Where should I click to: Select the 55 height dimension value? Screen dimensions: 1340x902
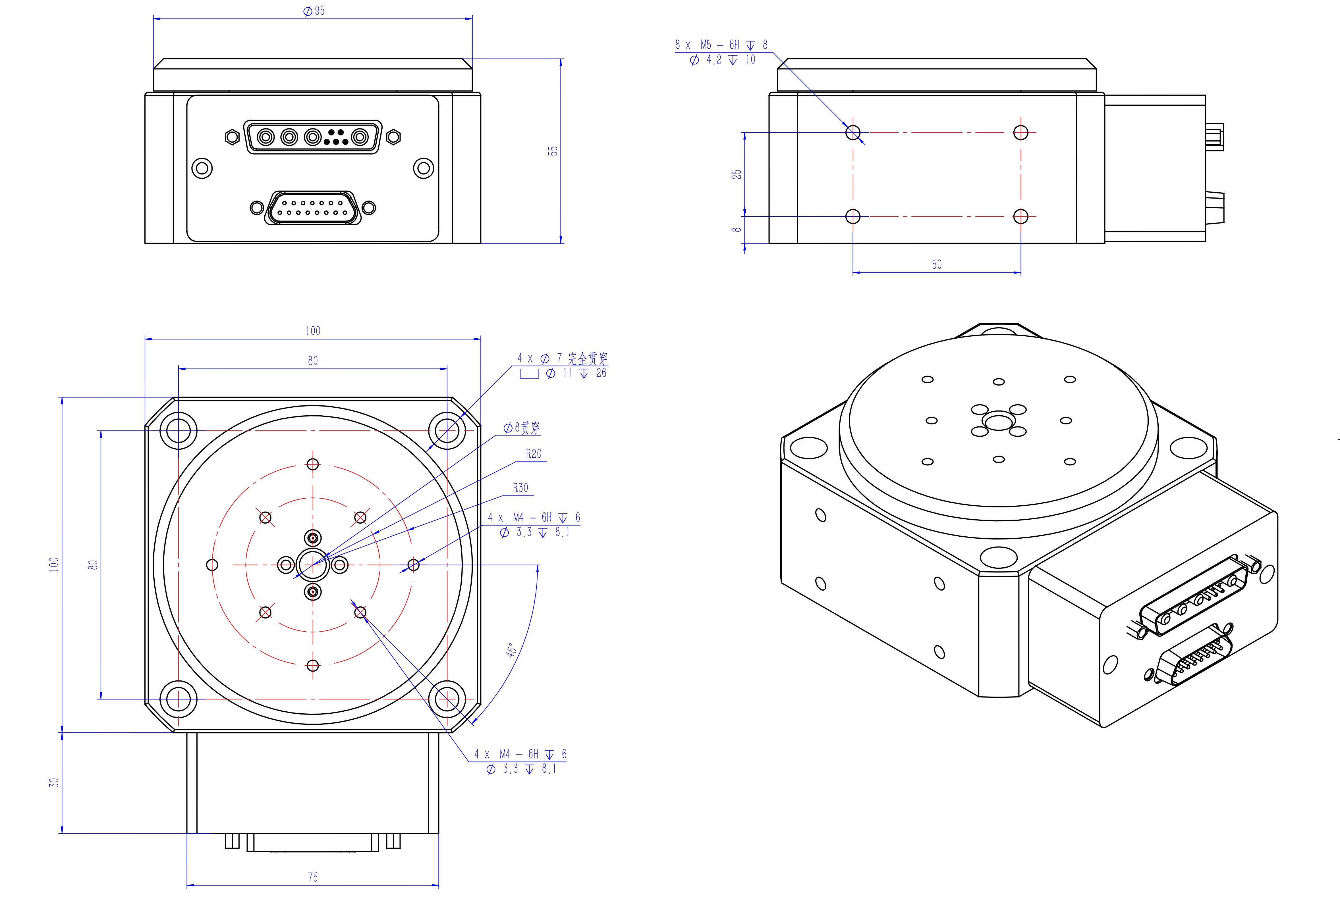point(553,151)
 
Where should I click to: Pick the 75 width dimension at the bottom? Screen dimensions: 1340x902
point(313,877)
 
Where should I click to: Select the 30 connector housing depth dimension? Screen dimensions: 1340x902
point(53,782)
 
